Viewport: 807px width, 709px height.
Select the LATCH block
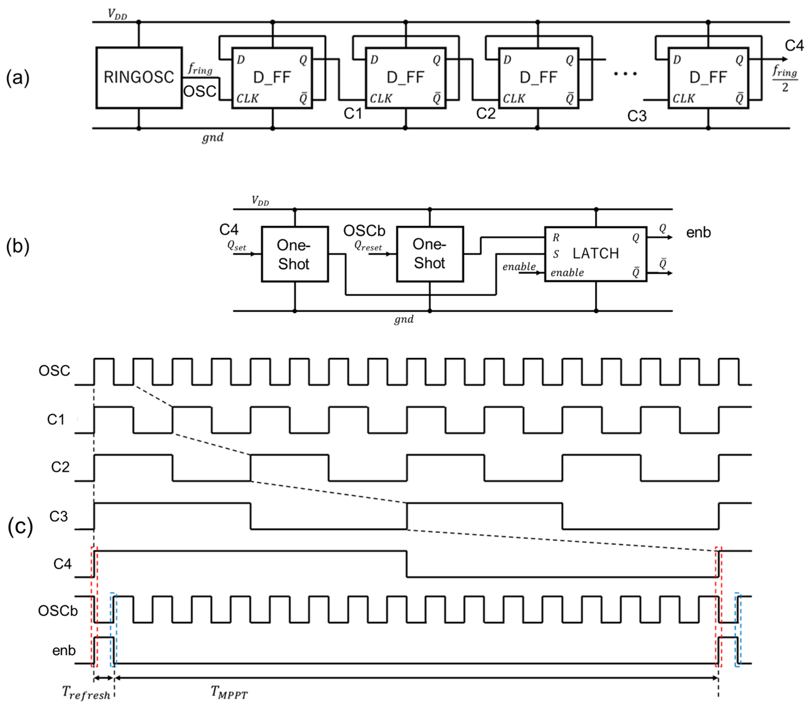pyautogui.click(x=595, y=254)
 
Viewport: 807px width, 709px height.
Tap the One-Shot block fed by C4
pyautogui.click(x=294, y=254)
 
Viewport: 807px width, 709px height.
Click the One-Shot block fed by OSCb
pyautogui.click(x=430, y=254)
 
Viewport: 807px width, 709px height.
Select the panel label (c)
pyautogui.click(x=20, y=527)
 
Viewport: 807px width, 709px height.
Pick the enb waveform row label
pyautogui.click(x=64, y=650)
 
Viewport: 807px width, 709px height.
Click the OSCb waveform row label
pyautogui.click(x=58, y=611)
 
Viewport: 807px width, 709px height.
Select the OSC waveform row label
pyautogui.click(x=54, y=370)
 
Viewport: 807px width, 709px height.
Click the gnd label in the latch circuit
pyautogui.click(x=403, y=319)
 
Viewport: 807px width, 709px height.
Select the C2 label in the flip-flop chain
pyautogui.click(x=486, y=114)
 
